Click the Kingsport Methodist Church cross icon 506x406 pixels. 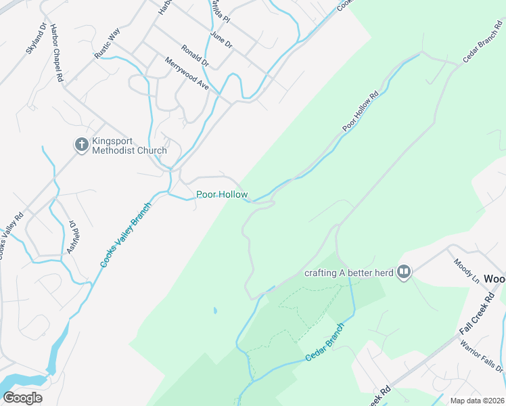pos(81,143)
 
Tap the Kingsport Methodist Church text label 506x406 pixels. pos(129,145)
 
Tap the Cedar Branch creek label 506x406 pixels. pos(325,342)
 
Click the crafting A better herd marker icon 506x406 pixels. pos(404,272)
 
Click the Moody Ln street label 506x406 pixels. pos(466,271)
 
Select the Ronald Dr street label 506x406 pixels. pos(195,55)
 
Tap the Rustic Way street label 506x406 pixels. pos(107,43)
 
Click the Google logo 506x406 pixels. pos(22,398)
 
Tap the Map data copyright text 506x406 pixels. pos(476,401)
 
